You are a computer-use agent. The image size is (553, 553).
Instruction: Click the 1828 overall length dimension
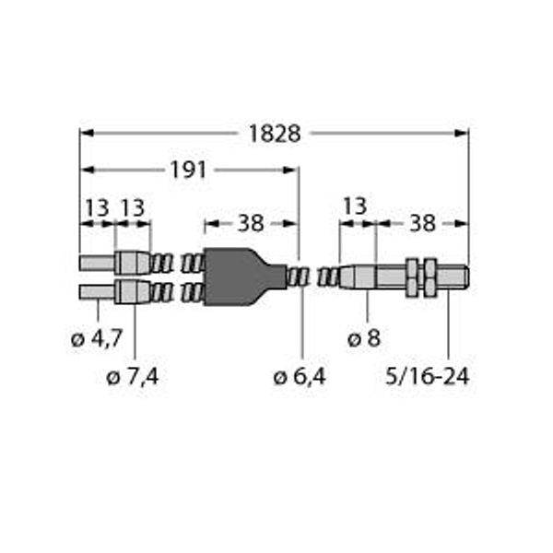click(x=275, y=134)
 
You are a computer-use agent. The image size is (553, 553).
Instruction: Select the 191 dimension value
click(x=188, y=170)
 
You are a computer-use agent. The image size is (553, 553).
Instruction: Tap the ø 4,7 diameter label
click(x=97, y=339)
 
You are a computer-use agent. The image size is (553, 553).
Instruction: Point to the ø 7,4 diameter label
click(x=132, y=377)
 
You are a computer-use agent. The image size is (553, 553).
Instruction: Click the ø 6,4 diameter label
click(x=299, y=377)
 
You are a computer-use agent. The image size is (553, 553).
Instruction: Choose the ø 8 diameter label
click(x=364, y=339)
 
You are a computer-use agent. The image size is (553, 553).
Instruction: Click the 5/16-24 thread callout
click(x=428, y=376)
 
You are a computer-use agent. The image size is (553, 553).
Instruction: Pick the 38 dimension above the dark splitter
click(x=251, y=223)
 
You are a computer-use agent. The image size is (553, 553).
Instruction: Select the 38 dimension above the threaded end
click(x=422, y=223)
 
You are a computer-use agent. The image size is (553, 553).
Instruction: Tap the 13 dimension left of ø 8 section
click(x=355, y=206)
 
